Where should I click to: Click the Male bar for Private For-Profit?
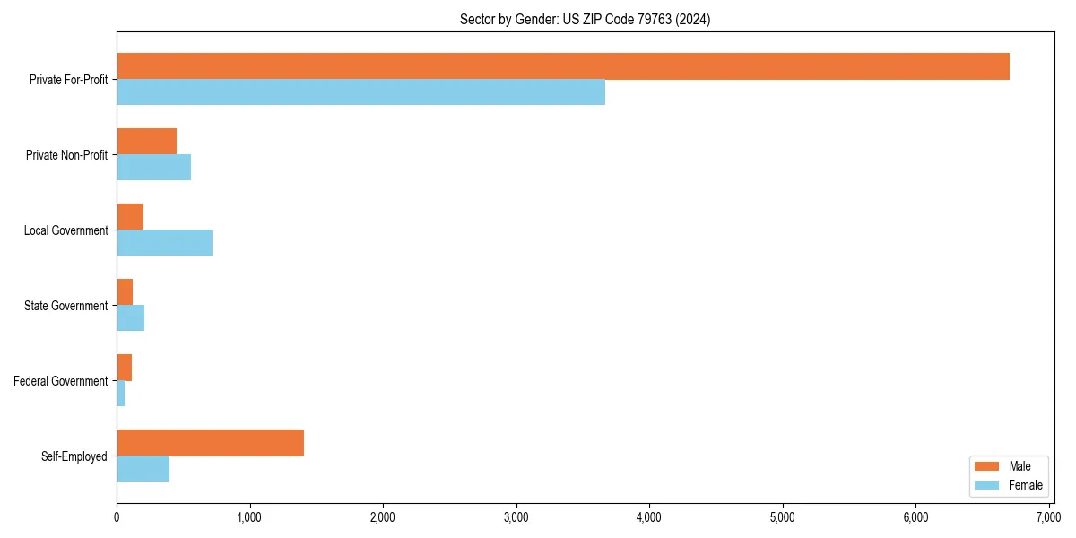563,66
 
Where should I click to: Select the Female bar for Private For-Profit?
360,92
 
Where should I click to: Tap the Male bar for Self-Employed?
210,443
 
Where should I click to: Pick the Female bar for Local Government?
164,243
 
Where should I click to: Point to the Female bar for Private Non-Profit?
153,168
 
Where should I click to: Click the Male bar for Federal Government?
124,368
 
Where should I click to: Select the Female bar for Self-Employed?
143,469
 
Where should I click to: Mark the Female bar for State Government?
130,318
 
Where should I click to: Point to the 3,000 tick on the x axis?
516,517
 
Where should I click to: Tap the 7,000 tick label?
1048,517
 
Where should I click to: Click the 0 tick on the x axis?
117,517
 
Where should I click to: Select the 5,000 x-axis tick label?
783,517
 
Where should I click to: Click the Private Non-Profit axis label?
66,155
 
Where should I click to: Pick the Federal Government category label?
60,381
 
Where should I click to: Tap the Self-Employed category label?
74,456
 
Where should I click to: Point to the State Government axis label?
66,306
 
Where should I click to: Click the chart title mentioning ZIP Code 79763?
585,20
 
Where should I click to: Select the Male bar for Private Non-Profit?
146,142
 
